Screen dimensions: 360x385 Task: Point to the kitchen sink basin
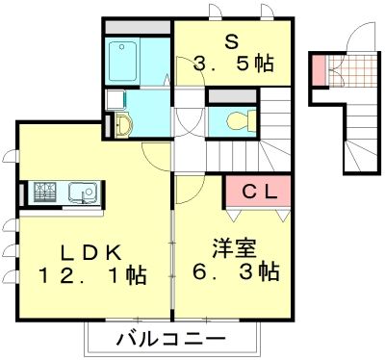80,193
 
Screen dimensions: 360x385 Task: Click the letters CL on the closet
259,191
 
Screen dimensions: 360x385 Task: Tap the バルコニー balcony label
171,339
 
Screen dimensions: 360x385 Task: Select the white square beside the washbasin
113,99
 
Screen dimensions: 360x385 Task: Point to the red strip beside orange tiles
317,71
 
